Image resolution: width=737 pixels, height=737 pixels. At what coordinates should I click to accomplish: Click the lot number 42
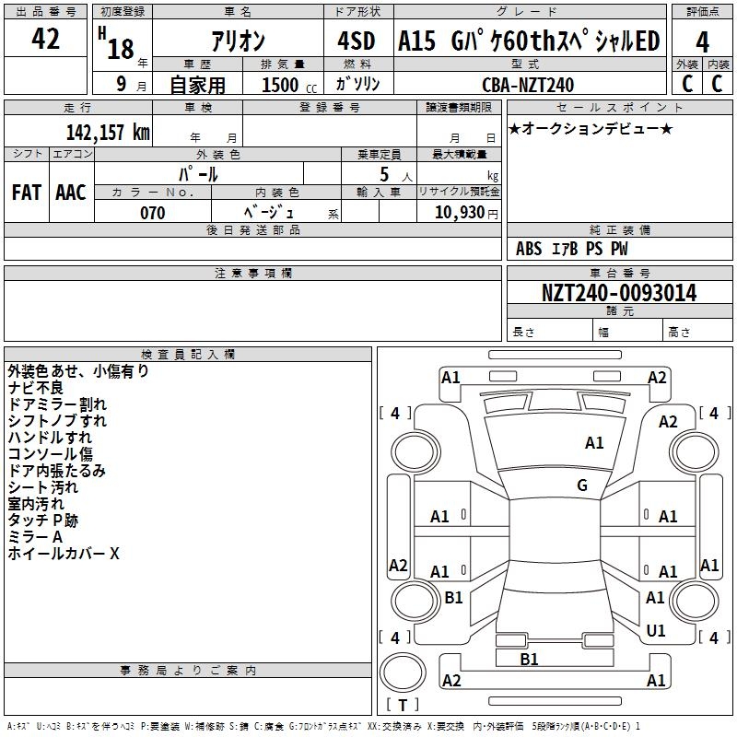point(46,41)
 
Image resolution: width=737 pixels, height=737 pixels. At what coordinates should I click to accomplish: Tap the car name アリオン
point(239,41)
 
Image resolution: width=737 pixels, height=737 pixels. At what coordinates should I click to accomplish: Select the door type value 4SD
point(357,41)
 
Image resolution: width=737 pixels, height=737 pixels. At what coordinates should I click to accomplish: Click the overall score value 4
point(703,41)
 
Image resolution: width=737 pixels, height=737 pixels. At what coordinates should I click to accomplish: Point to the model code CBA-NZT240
point(528,85)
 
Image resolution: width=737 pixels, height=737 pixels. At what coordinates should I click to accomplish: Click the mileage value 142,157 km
point(108,132)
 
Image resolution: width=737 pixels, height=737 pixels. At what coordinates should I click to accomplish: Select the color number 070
point(153,213)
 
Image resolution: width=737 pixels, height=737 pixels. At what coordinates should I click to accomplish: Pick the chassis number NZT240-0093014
point(619,293)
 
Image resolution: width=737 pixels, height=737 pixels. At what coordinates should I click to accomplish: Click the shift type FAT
point(26,193)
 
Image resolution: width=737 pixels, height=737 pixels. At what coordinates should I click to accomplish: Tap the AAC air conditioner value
point(71,193)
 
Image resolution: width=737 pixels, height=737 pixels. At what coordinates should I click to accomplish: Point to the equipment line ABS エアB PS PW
point(573,249)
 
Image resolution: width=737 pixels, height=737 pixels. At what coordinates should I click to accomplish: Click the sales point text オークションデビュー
point(591,128)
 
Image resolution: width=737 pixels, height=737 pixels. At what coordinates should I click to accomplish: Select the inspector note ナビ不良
point(36,388)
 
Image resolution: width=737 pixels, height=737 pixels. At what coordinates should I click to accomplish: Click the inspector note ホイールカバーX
point(64,554)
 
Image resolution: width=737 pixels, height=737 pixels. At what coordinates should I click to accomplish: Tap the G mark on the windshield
point(581,485)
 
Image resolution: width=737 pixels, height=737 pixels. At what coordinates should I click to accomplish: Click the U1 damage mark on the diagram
point(656,630)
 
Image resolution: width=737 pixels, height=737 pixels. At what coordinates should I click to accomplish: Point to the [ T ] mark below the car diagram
point(403,705)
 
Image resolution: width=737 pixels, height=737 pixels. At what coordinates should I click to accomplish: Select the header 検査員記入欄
point(188,354)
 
